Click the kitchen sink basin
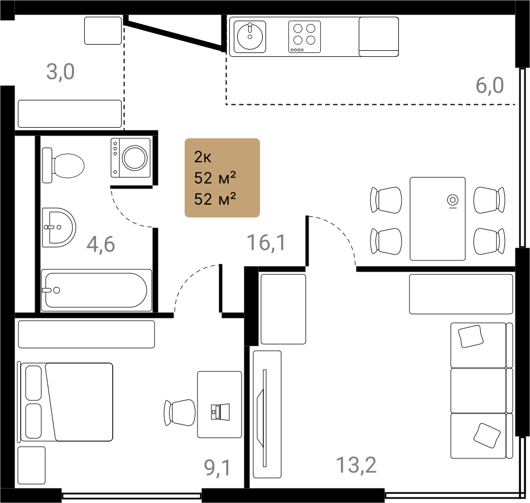click(250, 36)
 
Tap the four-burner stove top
click(304, 36)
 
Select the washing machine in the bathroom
click(131, 157)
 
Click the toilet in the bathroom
click(63, 165)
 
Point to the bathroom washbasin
click(59, 227)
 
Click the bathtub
click(97, 290)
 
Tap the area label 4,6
click(101, 244)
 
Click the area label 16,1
click(266, 243)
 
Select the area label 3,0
click(60, 71)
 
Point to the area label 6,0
click(490, 85)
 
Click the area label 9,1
click(218, 467)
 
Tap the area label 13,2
click(356, 465)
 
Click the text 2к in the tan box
click(203, 157)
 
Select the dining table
click(437, 219)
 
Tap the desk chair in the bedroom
click(180, 413)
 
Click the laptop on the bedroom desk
click(220, 412)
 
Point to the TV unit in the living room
click(267, 414)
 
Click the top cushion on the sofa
click(470, 336)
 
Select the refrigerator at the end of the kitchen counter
click(379, 36)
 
